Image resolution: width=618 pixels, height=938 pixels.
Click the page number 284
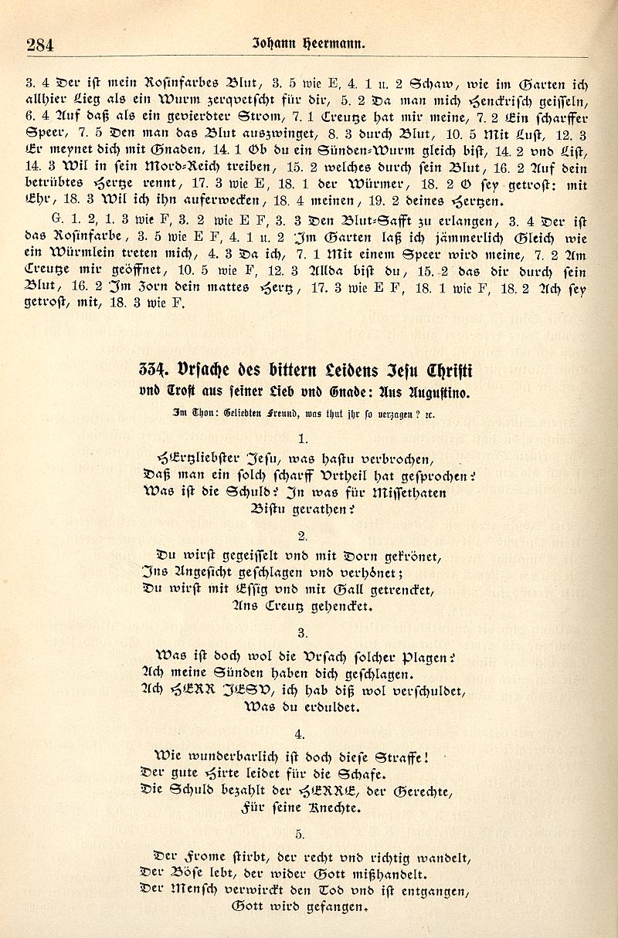[39, 45]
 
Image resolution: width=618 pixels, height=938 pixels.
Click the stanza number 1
[302, 439]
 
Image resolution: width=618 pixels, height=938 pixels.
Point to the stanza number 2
[302, 535]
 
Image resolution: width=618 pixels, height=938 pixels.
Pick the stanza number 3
[302, 631]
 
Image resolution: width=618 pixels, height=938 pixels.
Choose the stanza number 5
[302, 833]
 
